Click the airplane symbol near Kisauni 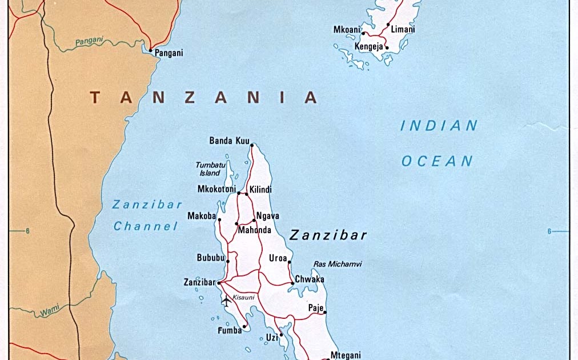[226, 301]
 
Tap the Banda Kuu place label [228, 140]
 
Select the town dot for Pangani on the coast [151, 50]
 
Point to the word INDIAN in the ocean [439, 126]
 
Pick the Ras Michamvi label [338, 264]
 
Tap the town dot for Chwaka [292, 283]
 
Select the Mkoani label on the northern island [346, 29]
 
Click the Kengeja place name [368, 47]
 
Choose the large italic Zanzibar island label [328, 235]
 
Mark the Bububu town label [210, 258]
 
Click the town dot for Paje [325, 312]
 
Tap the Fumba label [230, 330]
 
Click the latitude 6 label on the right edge [549, 231]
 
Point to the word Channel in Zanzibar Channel [146, 226]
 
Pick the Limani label [403, 29]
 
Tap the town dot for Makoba [219, 219]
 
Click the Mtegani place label [346, 355]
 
